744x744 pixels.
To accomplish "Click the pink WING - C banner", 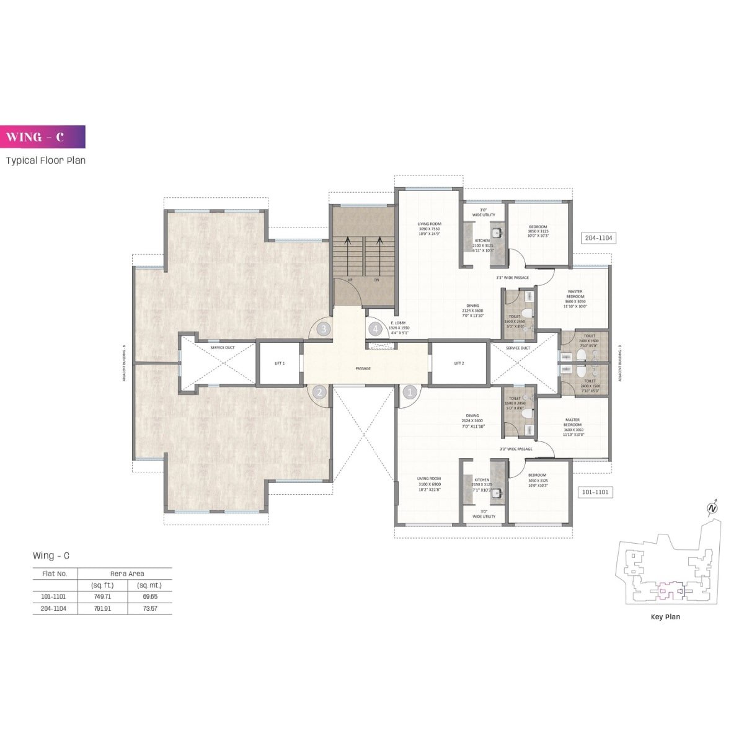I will click(x=43, y=137).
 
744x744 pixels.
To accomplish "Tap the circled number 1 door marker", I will click(x=409, y=392).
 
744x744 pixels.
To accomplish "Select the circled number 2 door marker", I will click(x=319, y=392).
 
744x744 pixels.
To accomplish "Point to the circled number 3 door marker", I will click(x=323, y=329).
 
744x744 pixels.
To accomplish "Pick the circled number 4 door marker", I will click(x=374, y=329).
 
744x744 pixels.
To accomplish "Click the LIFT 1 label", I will click(x=279, y=363).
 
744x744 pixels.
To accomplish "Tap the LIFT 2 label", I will click(x=459, y=363).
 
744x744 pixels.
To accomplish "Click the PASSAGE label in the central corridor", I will click(x=363, y=368).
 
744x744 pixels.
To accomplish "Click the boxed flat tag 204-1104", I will click(x=598, y=238).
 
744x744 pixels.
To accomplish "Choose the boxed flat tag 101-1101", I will click(x=595, y=492).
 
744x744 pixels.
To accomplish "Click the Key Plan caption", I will click(x=665, y=617).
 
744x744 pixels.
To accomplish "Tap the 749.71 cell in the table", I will click(x=102, y=596).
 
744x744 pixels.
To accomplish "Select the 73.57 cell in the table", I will click(x=149, y=609).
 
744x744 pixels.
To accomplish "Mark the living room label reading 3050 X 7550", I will click(x=428, y=229).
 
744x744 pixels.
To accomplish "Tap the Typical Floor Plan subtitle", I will click(x=46, y=161).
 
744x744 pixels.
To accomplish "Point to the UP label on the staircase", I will click(x=350, y=280).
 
